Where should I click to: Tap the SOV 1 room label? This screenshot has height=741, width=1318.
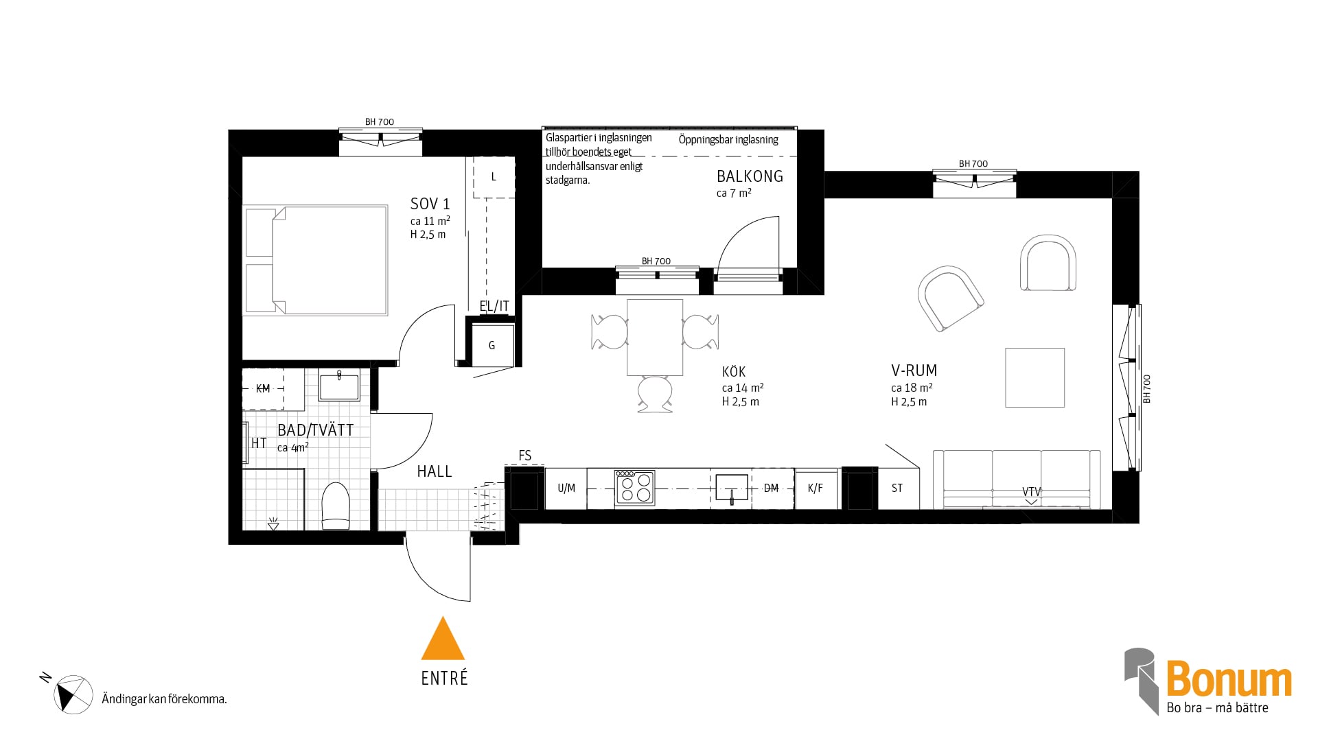(x=430, y=204)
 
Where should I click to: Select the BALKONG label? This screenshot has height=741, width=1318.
(x=750, y=176)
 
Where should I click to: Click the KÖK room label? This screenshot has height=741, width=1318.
(x=734, y=372)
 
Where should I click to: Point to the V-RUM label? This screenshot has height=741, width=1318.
(x=914, y=370)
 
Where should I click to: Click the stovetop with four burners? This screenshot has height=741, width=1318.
(x=634, y=487)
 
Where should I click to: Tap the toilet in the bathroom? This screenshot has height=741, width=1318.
(x=336, y=506)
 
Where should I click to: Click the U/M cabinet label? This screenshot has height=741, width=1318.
(x=566, y=489)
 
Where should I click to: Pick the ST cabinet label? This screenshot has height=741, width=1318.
(x=897, y=489)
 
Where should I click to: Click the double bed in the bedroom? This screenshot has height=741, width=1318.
(x=316, y=260)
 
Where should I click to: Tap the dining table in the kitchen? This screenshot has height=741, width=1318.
(x=655, y=338)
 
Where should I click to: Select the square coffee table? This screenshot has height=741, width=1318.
(x=1035, y=377)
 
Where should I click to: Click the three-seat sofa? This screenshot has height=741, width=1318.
(x=1017, y=480)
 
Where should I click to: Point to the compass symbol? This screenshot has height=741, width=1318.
(x=73, y=694)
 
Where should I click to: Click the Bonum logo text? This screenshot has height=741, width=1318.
(x=1229, y=680)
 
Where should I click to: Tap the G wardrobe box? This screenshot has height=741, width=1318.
(x=492, y=345)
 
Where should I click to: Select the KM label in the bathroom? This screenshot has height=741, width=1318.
(x=263, y=389)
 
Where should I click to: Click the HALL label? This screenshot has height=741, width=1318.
(x=435, y=471)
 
